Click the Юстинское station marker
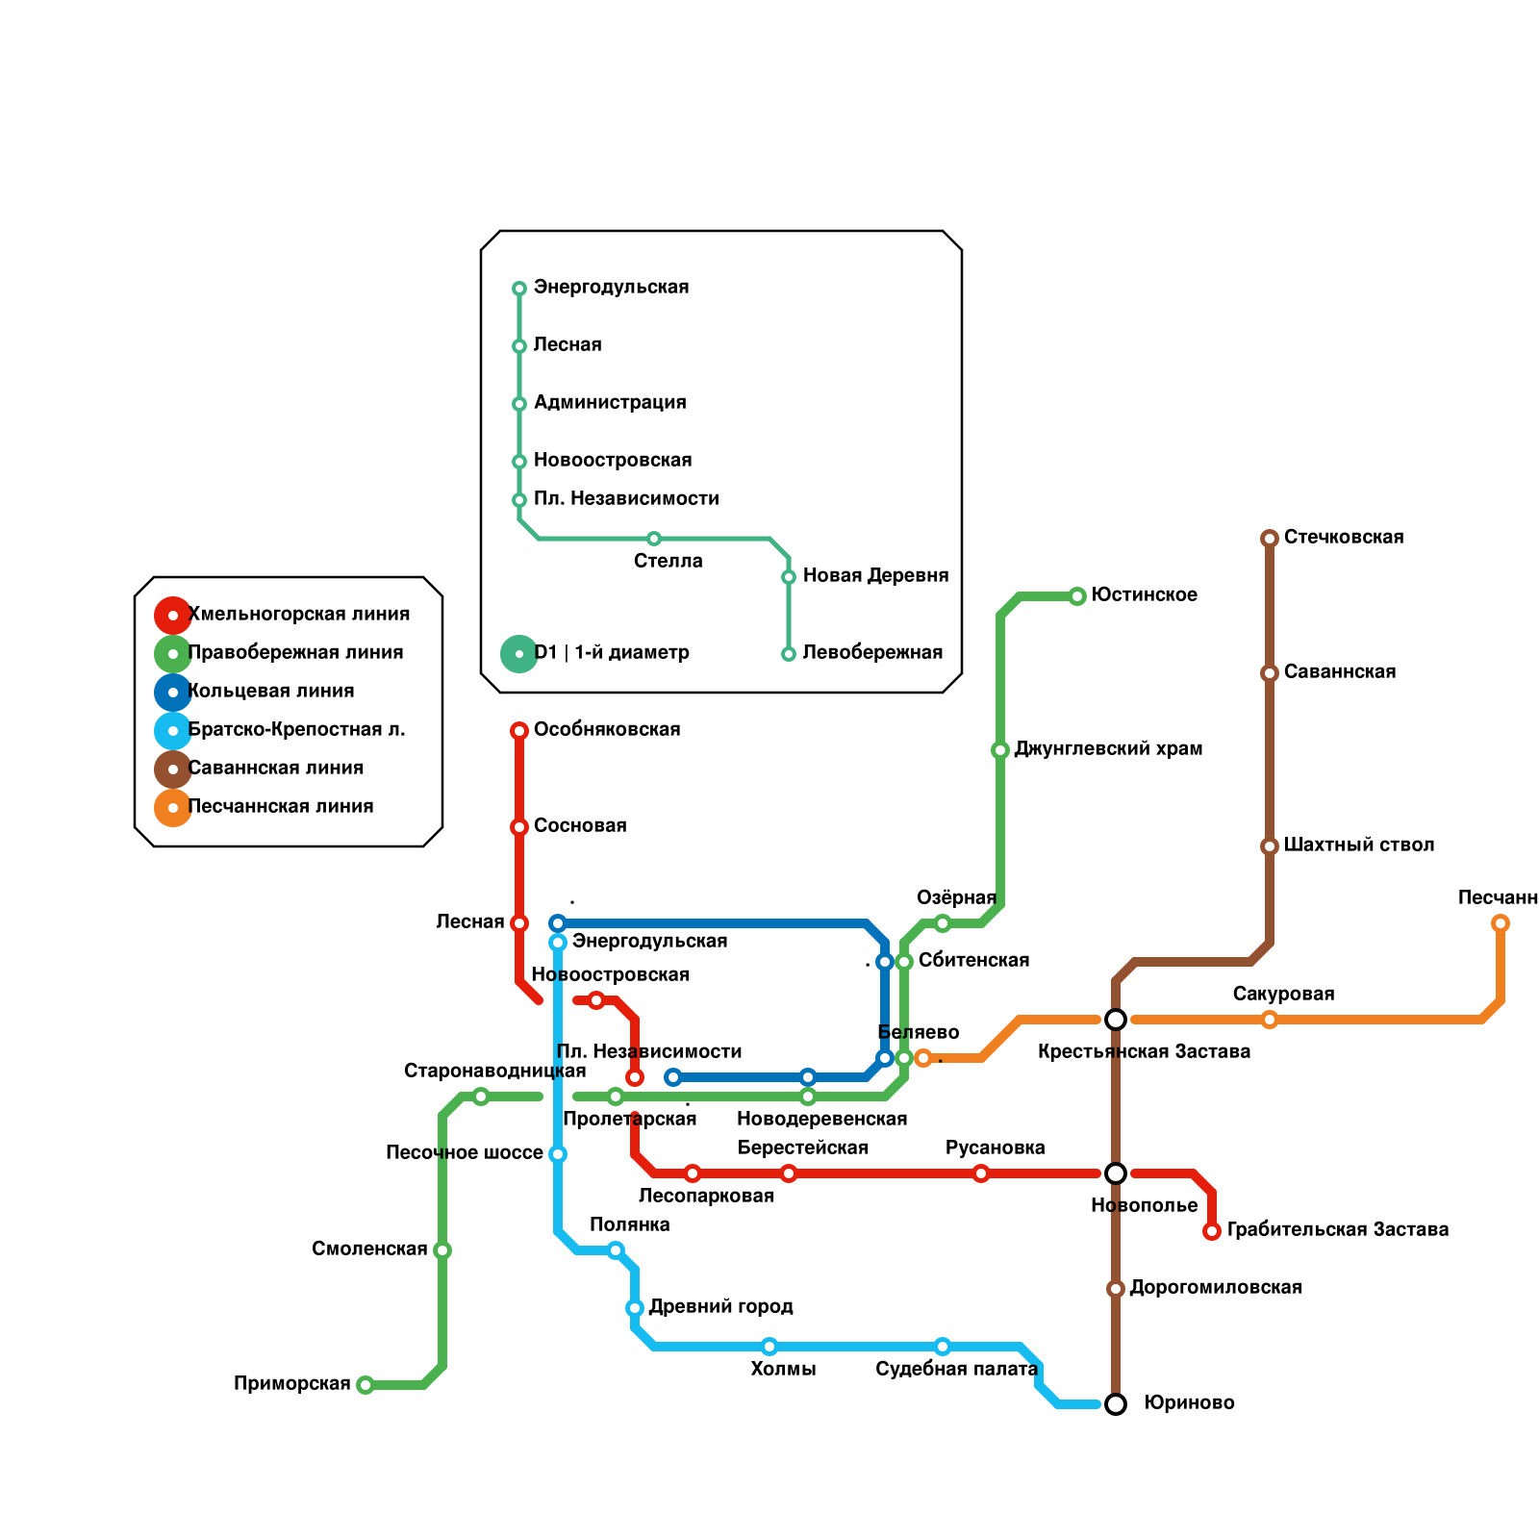point(1077,596)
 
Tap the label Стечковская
point(1343,537)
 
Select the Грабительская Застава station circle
point(1212,1231)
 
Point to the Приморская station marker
point(366,1385)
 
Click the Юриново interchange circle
point(1116,1404)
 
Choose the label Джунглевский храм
point(1108,748)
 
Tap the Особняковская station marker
point(519,731)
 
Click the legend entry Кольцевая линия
point(271,691)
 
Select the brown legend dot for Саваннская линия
point(173,769)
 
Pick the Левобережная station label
point(872,652)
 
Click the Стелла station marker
point(654,539)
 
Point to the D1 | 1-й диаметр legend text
point(612,652)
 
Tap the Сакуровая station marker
point(1270,1020)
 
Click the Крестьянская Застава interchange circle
point(1116,1020)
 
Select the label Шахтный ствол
point(1358,845)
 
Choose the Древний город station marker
point(635,1308)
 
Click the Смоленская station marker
point(442,1250)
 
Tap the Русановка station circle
point(981,1173)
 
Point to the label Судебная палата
point(956,1369)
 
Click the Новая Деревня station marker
point(789,577)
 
